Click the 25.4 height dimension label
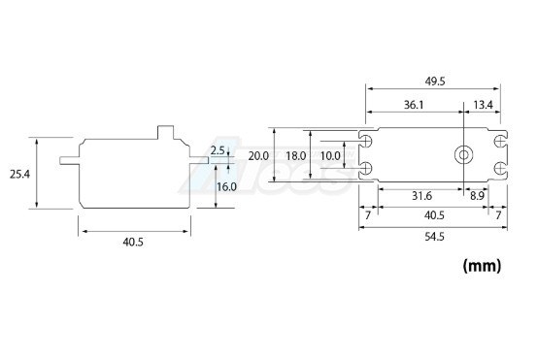[19, 175]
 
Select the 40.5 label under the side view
[133, 243]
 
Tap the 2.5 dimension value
[218, 150]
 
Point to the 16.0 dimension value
[226, 187]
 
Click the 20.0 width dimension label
[258, 156]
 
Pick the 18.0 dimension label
[296, 156]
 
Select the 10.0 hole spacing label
[330, 156]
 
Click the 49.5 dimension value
[435, 82]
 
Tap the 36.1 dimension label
[414, 105]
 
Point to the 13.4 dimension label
[483, 105]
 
